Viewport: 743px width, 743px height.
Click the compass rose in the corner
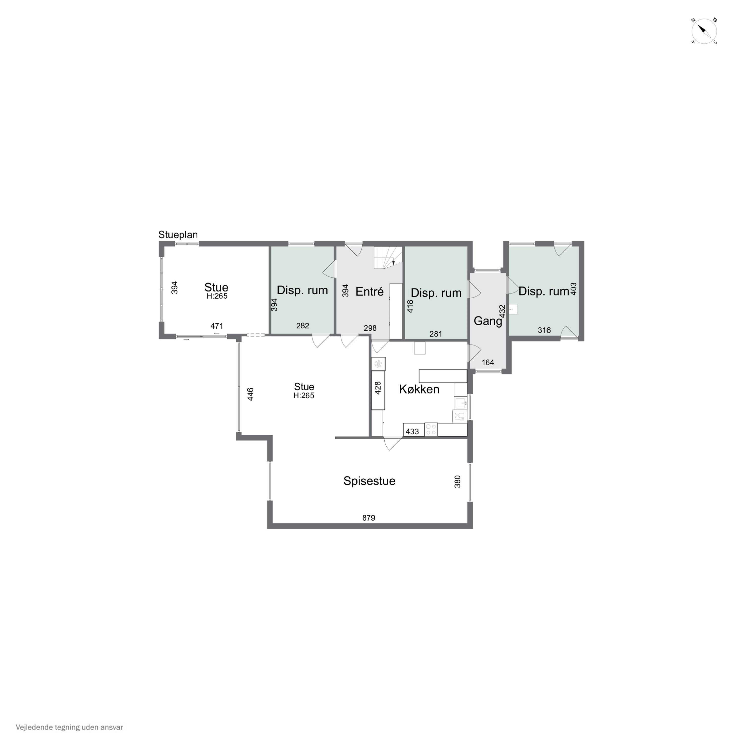tap(704, 31)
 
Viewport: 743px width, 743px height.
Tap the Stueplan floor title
tap(178, 235)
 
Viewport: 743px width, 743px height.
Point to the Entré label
tap(369, 292)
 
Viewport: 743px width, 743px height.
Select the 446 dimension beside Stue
tap(250, 394)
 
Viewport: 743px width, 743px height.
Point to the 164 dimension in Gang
tap(488, 362)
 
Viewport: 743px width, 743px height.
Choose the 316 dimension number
tap(544, 330)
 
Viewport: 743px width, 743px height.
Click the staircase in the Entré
tap(388, 258)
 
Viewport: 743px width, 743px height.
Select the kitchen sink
tap(460, 403)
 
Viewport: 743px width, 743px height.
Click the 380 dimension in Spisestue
tap(457, 481)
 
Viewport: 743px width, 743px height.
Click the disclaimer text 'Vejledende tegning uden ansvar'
tap(69, 727)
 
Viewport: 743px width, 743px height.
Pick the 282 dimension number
tap(303, 326)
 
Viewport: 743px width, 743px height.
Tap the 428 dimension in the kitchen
tap(378, 388)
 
